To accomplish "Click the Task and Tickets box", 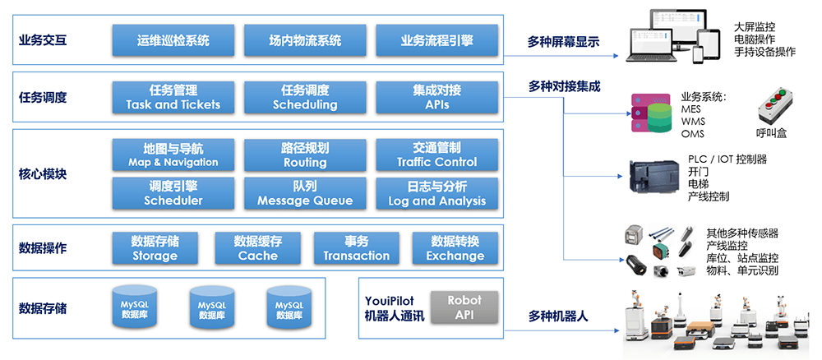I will (173, 97).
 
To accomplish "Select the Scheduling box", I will (305, 97).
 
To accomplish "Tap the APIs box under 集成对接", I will (436, 97).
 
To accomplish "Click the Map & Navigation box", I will (173, 155).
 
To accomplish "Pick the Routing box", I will (305, 155).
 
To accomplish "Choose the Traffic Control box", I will (436, 155).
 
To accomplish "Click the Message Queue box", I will (305, 193).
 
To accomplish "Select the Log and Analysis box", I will (436, 193).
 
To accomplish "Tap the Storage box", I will (155, 248).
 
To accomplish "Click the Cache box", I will (257, 248).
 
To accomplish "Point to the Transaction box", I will (356, 248).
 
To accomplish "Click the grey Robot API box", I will (464, 307).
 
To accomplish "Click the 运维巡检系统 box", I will (173, 39).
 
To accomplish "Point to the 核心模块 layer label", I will (42, 174).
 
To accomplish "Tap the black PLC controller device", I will (654, 175).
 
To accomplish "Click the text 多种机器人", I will (558, 315).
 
